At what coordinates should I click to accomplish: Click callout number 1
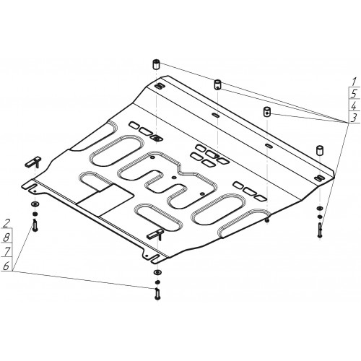[354, 82]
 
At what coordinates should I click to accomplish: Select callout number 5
[354, 93]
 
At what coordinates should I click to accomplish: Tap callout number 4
[354, 105]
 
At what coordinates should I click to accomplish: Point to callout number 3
[353, 118]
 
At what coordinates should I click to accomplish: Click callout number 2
[6, 224]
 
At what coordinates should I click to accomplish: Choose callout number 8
[6, 237]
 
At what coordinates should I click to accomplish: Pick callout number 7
[6, 251]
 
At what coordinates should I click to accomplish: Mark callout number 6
[6, 266]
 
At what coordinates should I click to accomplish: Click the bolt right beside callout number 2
[35, 226]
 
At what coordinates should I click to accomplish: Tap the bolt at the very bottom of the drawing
[157, 294]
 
